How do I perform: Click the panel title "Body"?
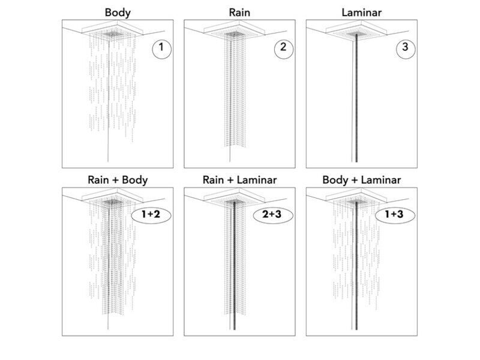point(118,13)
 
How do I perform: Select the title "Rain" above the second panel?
point(239,13)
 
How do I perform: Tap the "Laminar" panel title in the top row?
point(362,13)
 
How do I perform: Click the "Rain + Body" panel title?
point(118,180)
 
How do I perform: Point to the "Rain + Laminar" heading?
point(239,180)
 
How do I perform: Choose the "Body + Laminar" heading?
point(362,180)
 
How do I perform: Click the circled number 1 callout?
point(161,49)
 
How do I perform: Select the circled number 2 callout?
point(283,49)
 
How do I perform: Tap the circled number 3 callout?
point(406,49)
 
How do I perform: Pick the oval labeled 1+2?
point(151,215)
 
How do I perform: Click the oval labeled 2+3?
point(273,215)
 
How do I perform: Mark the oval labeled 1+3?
point(395,215)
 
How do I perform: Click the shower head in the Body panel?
point(112,31)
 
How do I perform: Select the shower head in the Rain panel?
point(234,31)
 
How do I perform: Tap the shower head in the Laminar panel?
point(356,31)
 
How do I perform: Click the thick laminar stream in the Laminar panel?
point(356,98)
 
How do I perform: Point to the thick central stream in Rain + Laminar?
point(235,265)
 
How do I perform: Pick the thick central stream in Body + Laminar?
point(356,265)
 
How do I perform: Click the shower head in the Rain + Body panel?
point(112,198)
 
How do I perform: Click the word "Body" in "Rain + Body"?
point(134,180)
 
